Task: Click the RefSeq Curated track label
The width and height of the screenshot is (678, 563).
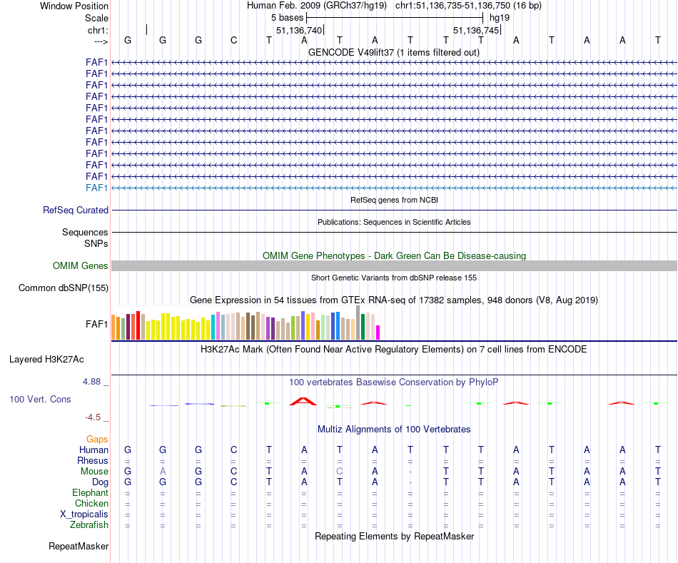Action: pyautogui.click(x=76, y=211)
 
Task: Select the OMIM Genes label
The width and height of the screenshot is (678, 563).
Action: pyautogui.click(x=81, y=266)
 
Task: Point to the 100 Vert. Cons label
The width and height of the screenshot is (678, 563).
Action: pyautogui.click(x=40, y=400)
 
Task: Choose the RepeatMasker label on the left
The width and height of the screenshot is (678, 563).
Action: pyautogui.click(x=79, y=547)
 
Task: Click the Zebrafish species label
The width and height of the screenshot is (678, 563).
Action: pyautogui.click(x=89, y=525)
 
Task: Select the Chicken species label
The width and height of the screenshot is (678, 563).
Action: pyautogui.click(x=91, y=504)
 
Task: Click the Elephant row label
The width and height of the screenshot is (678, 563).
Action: pyautogui.click(x=90, y=493)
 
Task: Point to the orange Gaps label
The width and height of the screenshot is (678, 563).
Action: pyautogui.click(x=97, y=439)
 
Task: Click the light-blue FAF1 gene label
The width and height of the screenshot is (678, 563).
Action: pyautogui.click(x=96, y=188)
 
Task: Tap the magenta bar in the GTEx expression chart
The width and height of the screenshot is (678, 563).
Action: pyautogui.click(x=378, y=333)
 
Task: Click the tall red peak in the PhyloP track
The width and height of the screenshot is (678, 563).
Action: pyautogui.click(x=304, y=401)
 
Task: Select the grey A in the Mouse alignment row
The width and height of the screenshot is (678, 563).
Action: pyautogui.click(x=163, y=472)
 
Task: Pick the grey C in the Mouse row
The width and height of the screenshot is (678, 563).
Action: pyautogui.click(x=340, y=472)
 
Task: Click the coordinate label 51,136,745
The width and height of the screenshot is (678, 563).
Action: pyautogui.click(x=475, y=31)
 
